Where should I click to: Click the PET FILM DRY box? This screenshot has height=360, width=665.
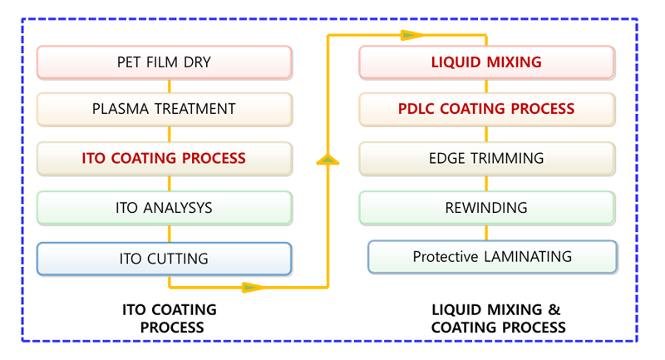165,62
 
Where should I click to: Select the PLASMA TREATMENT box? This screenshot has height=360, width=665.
165,109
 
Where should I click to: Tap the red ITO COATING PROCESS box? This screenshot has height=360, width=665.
165,159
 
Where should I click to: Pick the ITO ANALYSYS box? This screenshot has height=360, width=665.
165,208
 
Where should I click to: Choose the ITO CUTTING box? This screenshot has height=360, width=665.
165,259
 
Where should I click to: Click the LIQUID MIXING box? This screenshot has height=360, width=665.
487,62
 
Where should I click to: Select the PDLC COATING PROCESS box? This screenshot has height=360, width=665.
487,109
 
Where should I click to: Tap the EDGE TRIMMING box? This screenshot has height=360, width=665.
487,159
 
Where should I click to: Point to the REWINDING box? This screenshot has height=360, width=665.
487,208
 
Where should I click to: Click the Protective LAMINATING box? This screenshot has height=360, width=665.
492,257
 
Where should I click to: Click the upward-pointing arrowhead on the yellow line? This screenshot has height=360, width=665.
328,160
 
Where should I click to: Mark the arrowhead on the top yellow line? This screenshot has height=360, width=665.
412,35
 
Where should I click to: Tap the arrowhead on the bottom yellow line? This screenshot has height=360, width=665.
254,288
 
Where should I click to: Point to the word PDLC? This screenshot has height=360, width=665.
416,109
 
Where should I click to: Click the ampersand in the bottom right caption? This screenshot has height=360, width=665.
554,310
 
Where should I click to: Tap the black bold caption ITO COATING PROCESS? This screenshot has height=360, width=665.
170,318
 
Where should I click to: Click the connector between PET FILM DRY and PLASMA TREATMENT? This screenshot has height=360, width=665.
170,86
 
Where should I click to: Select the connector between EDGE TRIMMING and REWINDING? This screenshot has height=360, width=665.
486,184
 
